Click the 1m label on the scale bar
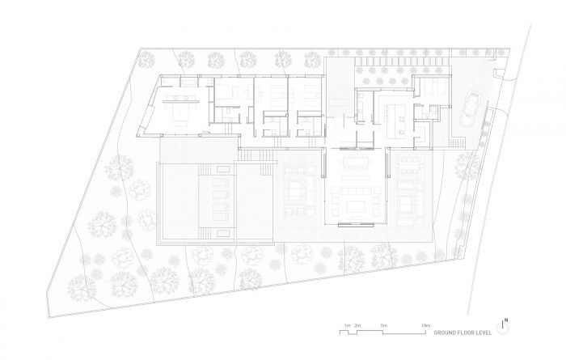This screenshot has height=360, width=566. pos(347,325)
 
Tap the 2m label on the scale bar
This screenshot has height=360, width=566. pos(357,325)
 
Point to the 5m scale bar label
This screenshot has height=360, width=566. pos(383,325)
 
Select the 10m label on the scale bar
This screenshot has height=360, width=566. pos(425,325)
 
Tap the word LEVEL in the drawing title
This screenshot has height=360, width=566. pos(484,332)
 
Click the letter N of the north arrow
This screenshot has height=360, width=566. pos(506,320)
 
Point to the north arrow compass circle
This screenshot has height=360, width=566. pos(502,328)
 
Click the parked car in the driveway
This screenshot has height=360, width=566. pos(469,108)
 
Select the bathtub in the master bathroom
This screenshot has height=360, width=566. pos(188,83)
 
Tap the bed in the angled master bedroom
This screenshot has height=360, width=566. pos(181,112)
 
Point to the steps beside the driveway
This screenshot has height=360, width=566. pos(457,143)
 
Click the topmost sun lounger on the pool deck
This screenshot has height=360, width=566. pos(221,182)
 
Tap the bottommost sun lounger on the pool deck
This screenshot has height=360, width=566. pos(221,217)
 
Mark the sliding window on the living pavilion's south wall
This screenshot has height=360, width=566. pos(356,225)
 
